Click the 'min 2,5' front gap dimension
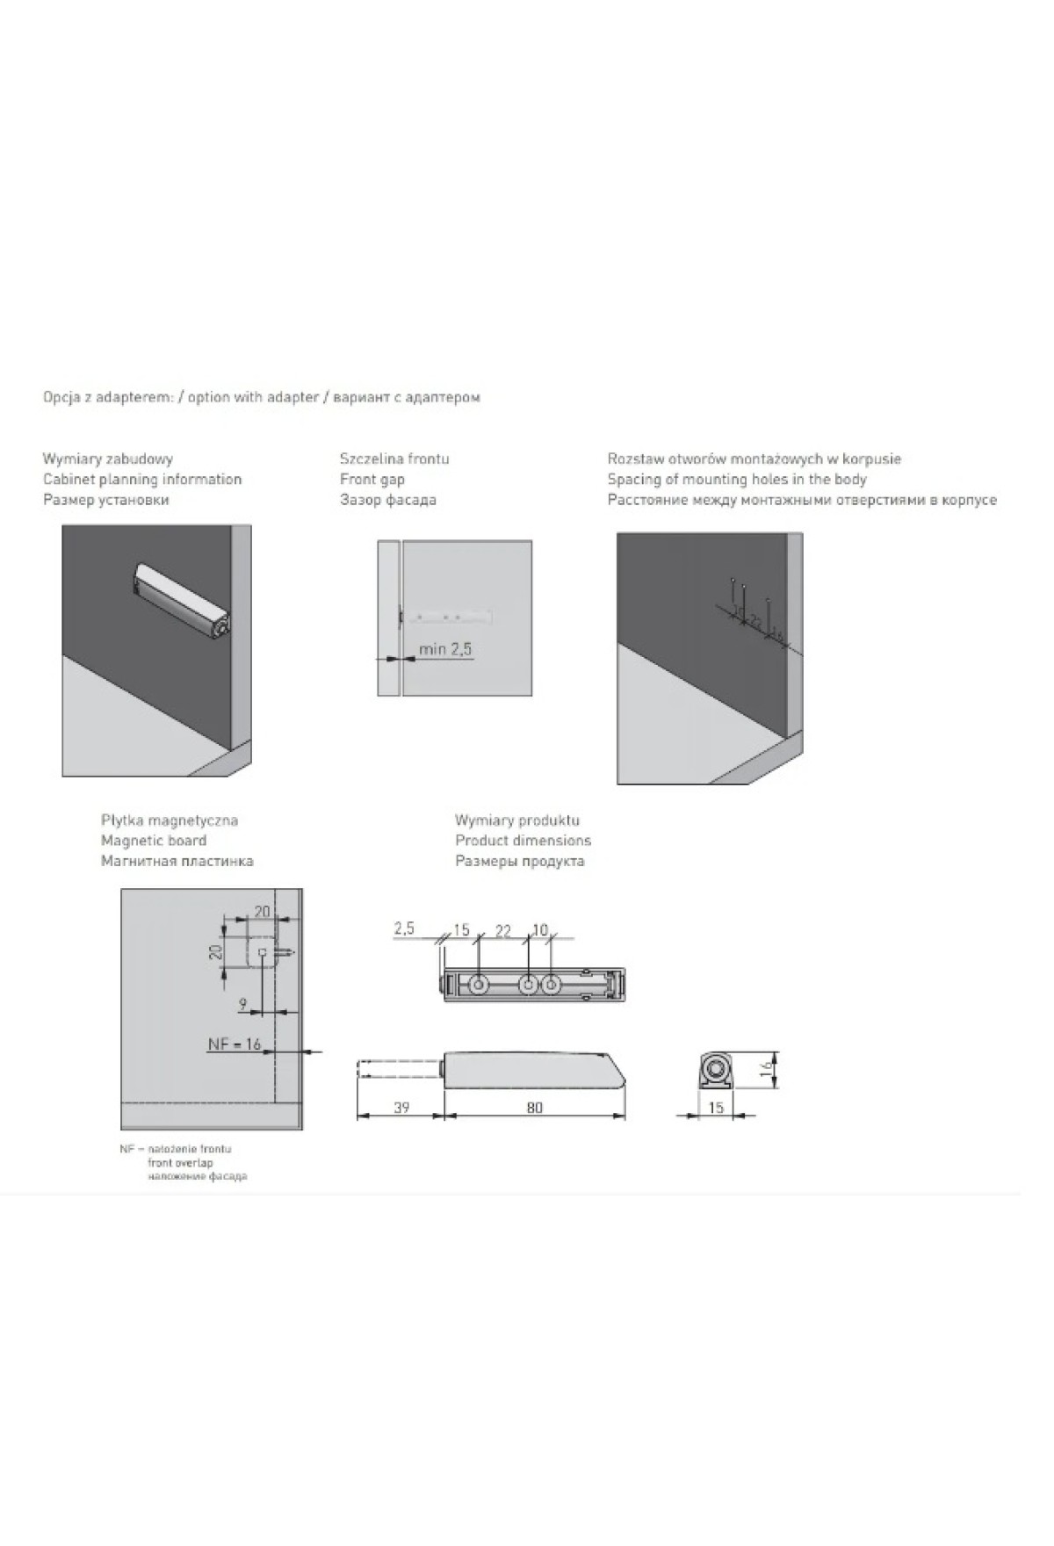pos(445,649)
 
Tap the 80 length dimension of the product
pos(535,1108)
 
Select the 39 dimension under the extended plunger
pos(401,1108)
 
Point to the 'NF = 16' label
pos(235,1044)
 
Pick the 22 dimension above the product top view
pos(503,931)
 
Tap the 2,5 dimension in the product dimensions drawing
pos(404,928)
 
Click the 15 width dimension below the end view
pos(716,1108)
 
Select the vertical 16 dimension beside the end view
pos(767,1068)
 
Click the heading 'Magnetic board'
pos(154,841)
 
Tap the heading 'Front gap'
pos(372,480)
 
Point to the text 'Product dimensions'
pos(523,841)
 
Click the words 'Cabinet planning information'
pos(142,480)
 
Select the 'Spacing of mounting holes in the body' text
pos(737,480)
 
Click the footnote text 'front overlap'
pos(180,1163)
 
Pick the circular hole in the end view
pos(717,1070)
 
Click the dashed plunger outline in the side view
pos(400,1070)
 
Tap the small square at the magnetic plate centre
pos(262,951)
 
